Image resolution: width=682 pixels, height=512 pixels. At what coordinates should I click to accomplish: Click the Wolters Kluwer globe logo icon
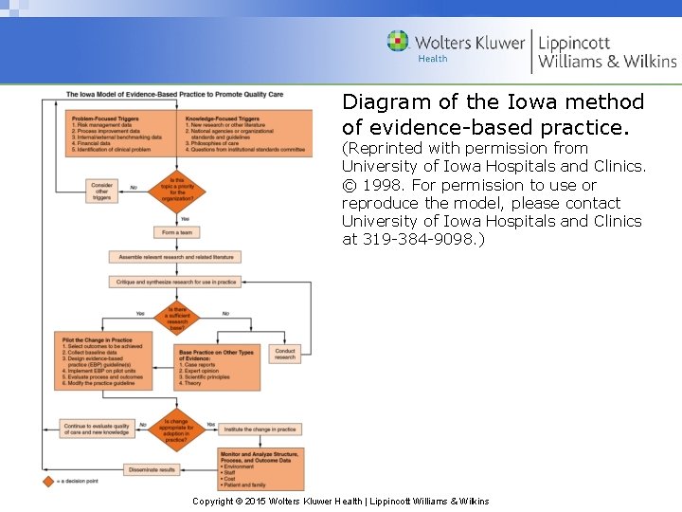[398, 42]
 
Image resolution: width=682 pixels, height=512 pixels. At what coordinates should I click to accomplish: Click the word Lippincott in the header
[574, 43]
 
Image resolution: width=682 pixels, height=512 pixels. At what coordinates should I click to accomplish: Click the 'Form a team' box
[177, 233]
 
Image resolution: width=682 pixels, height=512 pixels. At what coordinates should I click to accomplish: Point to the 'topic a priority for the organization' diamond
[177, 188]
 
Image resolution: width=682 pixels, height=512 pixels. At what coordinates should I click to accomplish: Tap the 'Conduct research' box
[285, 355]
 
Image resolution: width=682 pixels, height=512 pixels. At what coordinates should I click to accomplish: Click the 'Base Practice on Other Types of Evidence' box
[218, 367]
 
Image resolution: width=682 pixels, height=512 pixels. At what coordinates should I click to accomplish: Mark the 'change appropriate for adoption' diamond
[177, 429]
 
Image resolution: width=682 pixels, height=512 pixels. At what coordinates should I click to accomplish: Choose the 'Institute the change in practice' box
[260, 429]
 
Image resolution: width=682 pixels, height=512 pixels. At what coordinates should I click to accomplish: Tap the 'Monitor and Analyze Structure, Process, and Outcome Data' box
[260, 468]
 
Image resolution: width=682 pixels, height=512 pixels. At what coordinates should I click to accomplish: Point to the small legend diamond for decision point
[48, 482]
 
